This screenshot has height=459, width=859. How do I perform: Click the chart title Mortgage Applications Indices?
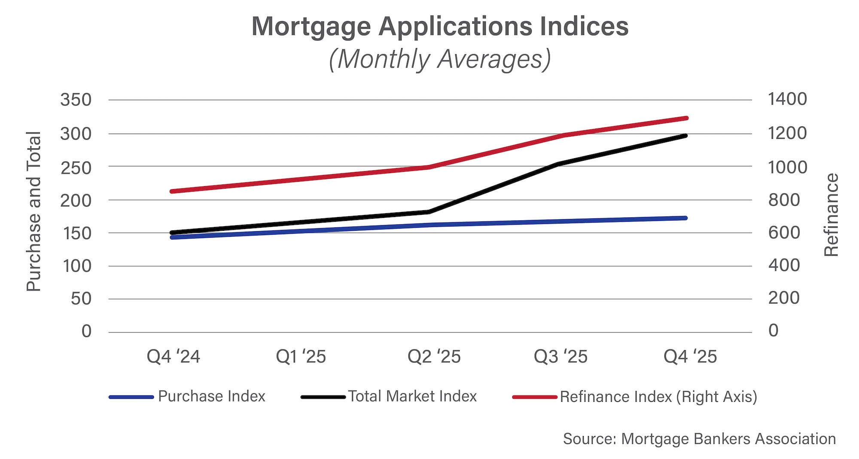click(440, 27)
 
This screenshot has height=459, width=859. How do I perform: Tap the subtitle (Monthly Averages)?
click(440, 59)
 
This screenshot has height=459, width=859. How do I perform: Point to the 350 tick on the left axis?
click(76, 100)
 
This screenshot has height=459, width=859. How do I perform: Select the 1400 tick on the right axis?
click(787, 99)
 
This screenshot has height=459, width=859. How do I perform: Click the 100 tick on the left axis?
click(77, 266)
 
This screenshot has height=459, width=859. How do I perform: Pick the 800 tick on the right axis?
click(784, 200)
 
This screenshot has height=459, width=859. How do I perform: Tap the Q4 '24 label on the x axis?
click(173, 357)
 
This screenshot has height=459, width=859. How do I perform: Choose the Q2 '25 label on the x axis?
click(434, 357)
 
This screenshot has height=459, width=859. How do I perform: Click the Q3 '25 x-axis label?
click(560, 357)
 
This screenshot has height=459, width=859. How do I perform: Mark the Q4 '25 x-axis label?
click(690, 357)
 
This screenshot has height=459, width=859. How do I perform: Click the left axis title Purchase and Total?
click(34, 211)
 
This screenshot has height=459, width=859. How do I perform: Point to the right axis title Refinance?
click(832, 215)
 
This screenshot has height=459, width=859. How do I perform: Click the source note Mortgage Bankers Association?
click(699, 439)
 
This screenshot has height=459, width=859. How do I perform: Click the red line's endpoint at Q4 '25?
click(686, 118)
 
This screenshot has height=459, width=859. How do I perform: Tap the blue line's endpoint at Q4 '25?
click(685, 218)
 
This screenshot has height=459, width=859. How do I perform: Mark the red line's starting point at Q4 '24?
click(172, 191)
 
